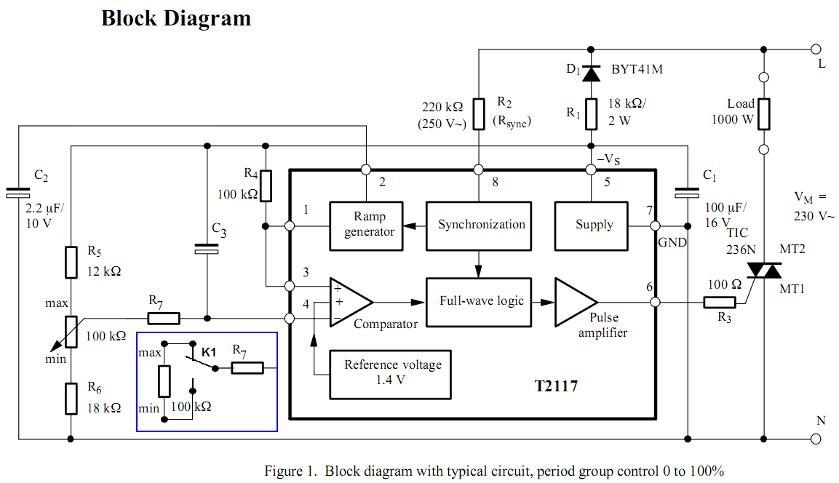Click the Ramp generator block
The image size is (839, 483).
(366, 225)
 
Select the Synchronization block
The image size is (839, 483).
(481, 225)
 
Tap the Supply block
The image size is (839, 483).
(594, 225)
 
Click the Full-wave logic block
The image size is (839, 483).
(481, 301)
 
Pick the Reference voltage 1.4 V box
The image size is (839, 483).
(392, 372)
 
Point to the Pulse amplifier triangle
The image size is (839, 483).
(576, 301)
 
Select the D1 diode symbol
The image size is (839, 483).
(590, 72)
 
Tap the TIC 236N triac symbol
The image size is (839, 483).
(764, 271)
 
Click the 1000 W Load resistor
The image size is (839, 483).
(764, 113)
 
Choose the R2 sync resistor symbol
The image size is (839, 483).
(479, 113)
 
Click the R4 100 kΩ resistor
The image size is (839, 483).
(266, 185)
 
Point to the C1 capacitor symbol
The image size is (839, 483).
(687, 193)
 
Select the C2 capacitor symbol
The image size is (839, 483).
(19, 193)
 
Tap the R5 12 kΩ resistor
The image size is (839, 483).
(71, 262)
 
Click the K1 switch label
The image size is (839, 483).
(209, 352)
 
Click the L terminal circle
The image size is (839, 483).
(816, 49)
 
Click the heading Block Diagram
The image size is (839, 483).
(176, 18)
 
